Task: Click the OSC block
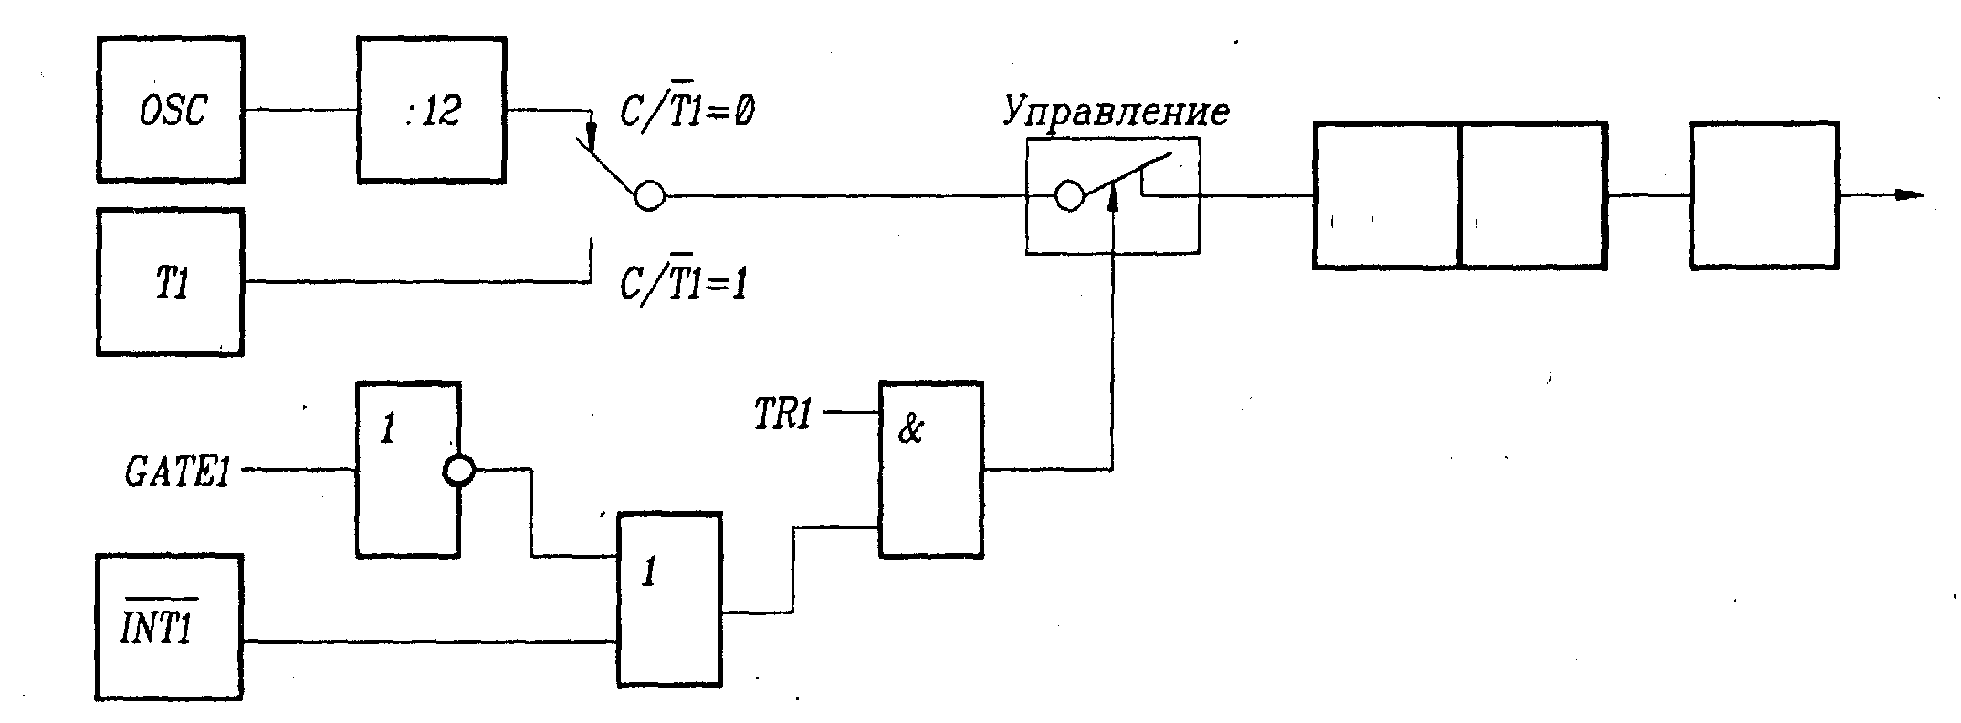click(x=171, y=110)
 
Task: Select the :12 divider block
click(x=432, y=110)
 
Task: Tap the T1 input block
click(x=171, y=282)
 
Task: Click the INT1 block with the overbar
click(x=170, y=627)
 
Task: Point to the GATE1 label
click(x=177, y=473)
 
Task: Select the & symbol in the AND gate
click(x=910, y=430)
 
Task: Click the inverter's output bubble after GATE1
click(x=458, y=471)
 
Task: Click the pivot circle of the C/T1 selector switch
click(x=649, y=195)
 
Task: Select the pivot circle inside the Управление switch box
click(x=1069, y=195)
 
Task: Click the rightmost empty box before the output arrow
click(x=1764, y=195)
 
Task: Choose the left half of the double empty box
click(x=1387, y=195)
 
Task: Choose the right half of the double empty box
click(x=1534, y=195)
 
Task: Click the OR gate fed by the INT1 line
click(x=669, y=600)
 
